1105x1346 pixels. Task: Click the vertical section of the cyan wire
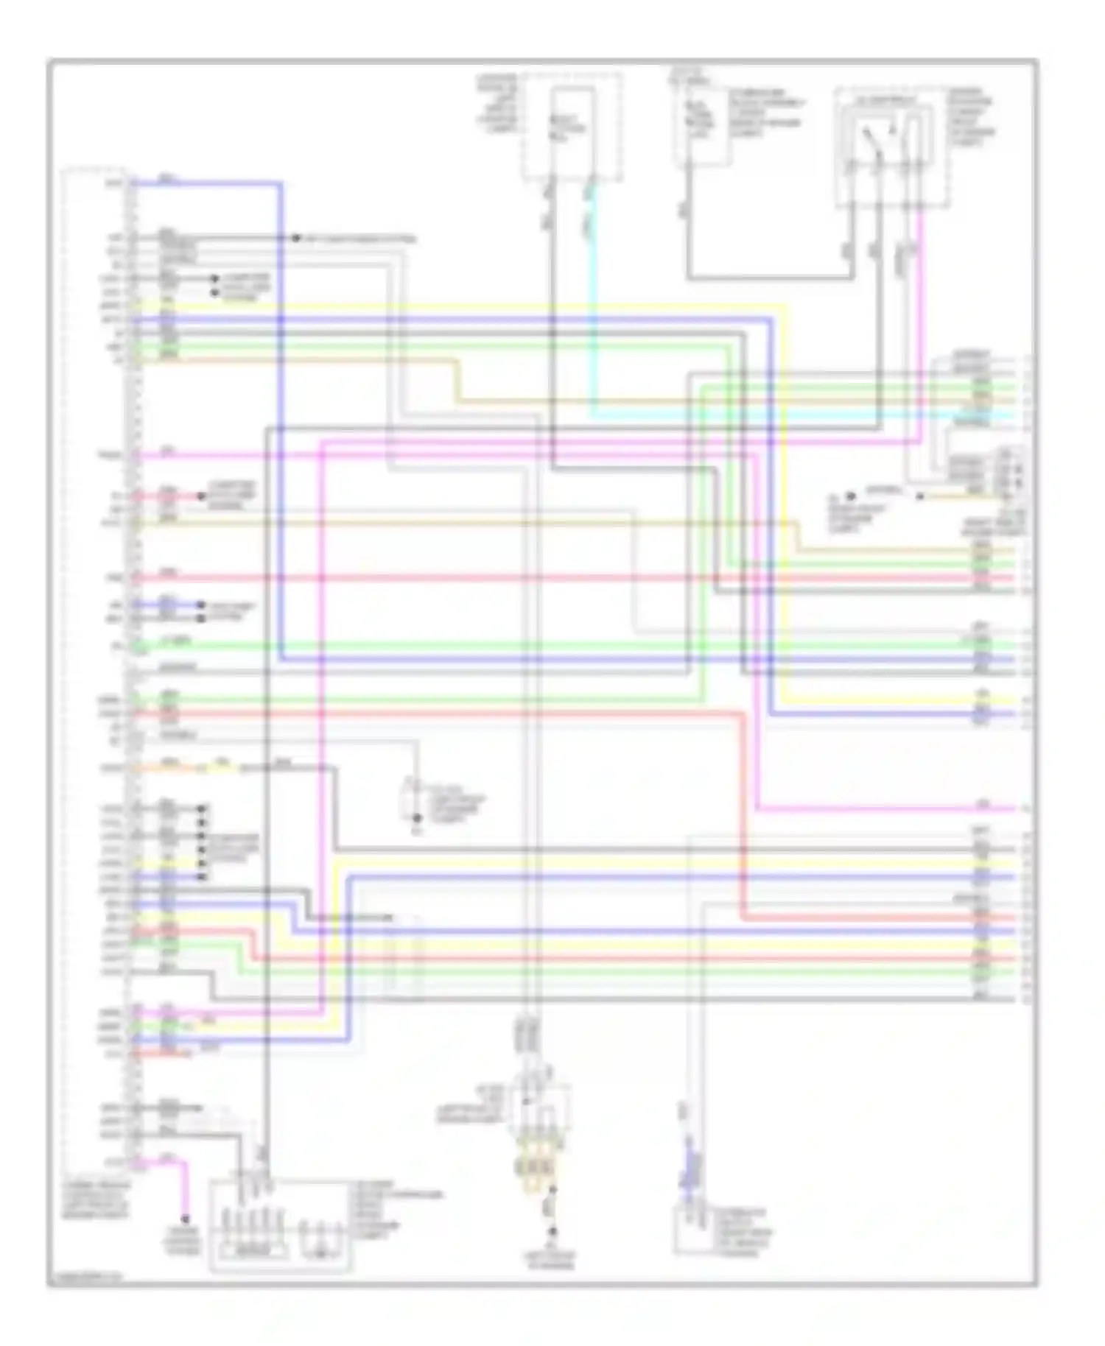591,295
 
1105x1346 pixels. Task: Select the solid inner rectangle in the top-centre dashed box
573,129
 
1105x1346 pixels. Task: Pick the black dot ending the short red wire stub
200,496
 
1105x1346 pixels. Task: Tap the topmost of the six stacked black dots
202,808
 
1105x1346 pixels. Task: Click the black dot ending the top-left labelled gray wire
296,238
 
